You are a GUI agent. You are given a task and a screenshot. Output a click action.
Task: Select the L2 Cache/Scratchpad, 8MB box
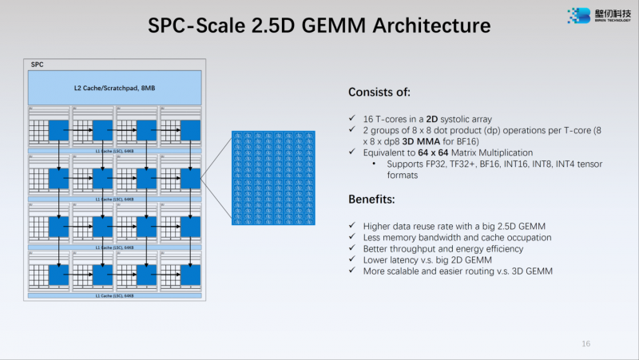pos(115,86)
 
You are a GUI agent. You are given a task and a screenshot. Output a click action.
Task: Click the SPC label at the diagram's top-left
pos(37,64)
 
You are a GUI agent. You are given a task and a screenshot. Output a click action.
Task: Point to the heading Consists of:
pos(379,92)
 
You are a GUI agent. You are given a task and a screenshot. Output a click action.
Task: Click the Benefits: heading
pos(374,198)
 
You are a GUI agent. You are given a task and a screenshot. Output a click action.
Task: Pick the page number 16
pos(585,343)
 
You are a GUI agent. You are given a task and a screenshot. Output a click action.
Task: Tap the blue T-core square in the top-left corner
pos(58,129)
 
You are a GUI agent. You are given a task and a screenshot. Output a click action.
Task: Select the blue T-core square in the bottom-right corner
pos(190,275)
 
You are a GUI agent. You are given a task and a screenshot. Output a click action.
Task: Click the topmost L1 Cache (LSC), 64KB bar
pos(115,150)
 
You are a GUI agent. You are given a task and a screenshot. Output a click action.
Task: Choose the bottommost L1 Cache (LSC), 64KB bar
pos(115,295)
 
